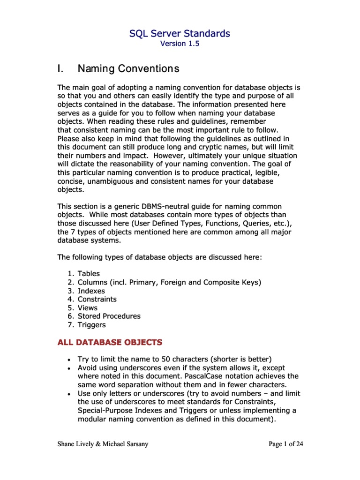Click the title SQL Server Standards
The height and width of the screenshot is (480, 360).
[x=180, y=33]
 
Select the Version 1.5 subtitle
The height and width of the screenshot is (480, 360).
[x=180, y=44]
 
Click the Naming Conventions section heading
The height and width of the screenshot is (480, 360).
[x=128, y=69]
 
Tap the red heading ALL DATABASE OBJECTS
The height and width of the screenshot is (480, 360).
[x=110, y=342]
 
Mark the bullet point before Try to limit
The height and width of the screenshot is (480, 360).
[x=69, y=360]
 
